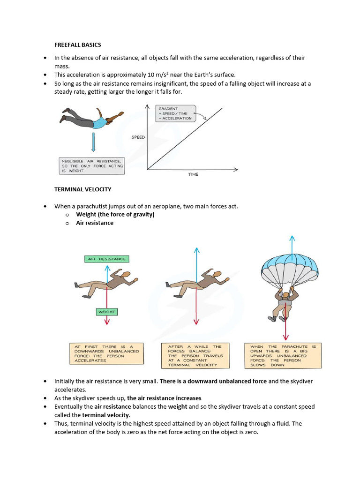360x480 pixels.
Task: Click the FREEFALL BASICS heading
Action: click(77, 45)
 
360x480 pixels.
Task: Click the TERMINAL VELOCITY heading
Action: click(82, 189)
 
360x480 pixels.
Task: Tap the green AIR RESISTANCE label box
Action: click(107, 259)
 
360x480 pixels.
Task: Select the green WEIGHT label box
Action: click(107, 312)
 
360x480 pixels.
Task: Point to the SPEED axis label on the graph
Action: click(138, 137)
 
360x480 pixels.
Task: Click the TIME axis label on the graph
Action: click(193, 174)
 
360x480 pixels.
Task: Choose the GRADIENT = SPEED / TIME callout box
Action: click(175, 113)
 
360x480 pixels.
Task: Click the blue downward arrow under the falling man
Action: click(94, 142)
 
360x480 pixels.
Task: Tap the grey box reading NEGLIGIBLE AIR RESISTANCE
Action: click(92, 165)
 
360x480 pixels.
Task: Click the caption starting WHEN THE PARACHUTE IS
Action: click(284, 355)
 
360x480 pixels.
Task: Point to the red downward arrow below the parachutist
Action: click(285, 328)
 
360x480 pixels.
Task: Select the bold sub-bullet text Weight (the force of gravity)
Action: click(115, 215)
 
